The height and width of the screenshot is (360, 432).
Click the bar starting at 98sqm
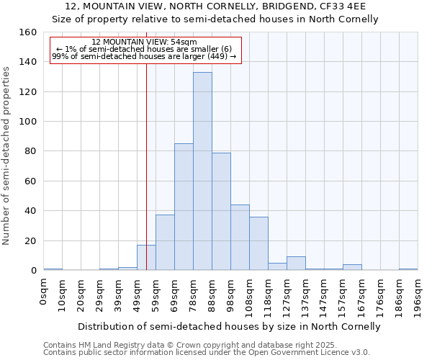(x=240, y=238)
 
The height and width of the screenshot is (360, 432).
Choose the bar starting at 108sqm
(x=258, y=243)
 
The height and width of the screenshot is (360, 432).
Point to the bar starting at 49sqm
(x=146, y=258)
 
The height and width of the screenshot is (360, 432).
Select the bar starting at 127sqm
(x=296, y=264)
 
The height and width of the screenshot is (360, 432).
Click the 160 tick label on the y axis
(x=28, y=32)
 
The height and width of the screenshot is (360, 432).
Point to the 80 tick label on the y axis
(x=31, y=151)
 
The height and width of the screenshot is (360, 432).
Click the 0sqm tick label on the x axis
(x=44, y=292)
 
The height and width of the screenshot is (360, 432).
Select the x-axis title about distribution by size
(x=229, y=326)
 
